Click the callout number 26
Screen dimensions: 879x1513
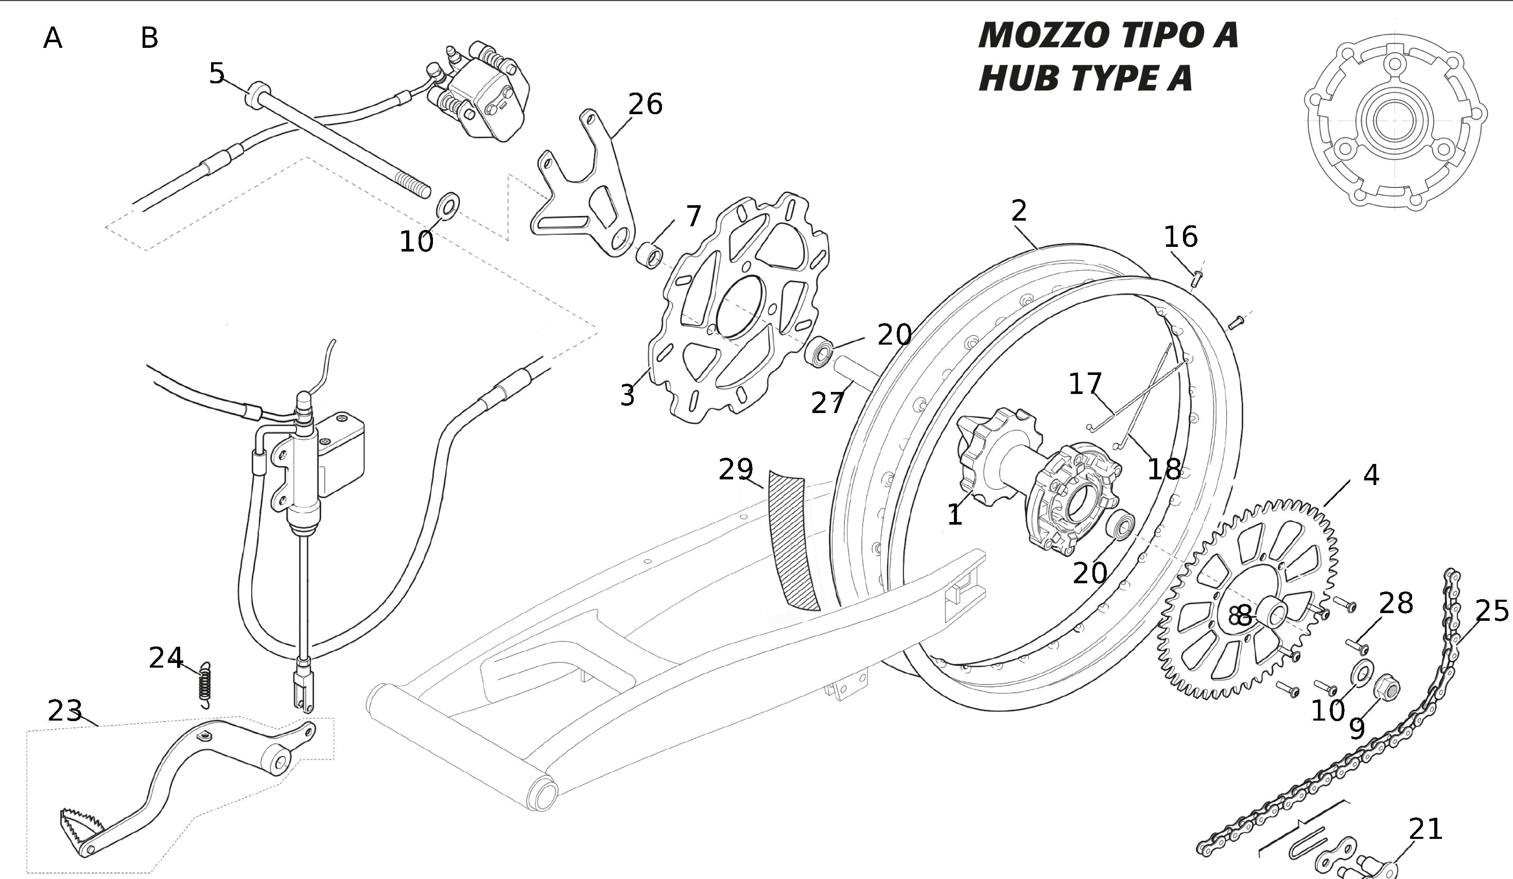coord(646,104)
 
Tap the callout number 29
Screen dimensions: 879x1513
coord(736,469)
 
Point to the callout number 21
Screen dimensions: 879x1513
coord(1425,829)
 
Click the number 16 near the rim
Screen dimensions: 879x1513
coord(1180,237)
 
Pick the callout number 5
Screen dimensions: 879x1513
coord(217,73)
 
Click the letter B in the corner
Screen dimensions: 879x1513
coord(149,39)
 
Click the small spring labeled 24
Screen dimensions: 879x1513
coord(205,684)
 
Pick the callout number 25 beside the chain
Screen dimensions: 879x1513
coord(1491,611)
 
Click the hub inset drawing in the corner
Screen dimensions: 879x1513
coord(1395,119)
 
